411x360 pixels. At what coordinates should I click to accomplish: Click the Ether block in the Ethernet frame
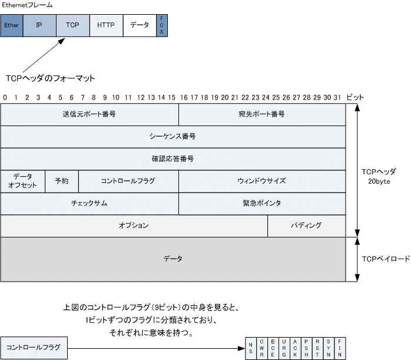(11, 26)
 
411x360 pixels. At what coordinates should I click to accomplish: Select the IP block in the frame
(39, 26)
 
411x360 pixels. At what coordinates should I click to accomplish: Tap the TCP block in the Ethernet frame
(72, 26)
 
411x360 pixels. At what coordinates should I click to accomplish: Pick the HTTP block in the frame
(106, 26)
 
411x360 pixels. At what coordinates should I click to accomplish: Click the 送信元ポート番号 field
(89, 114)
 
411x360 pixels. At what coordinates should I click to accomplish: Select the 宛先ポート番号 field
(262, 114)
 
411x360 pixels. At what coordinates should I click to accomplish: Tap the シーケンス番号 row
(173, 136)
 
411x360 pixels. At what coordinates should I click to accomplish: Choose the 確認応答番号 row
(173, 158)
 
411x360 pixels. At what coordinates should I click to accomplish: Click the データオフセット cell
(22, 181)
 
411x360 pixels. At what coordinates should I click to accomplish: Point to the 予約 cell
(61, 181)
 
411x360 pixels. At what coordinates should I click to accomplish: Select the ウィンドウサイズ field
(262, 181)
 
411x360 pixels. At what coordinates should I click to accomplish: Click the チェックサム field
(89, 203)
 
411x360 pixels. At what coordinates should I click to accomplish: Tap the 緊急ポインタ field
(262, 203)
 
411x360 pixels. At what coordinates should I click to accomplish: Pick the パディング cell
(306, 226)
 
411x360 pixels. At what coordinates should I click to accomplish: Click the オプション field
(134, 226)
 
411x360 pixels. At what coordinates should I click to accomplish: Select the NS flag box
(251, 348)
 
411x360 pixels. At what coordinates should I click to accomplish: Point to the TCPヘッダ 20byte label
(379, 176)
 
